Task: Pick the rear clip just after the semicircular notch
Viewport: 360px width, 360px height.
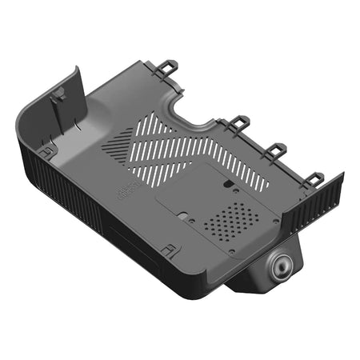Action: (238, 122)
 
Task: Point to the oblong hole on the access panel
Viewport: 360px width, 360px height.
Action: (230, 183)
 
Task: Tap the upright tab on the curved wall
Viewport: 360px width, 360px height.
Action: (58, 98)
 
